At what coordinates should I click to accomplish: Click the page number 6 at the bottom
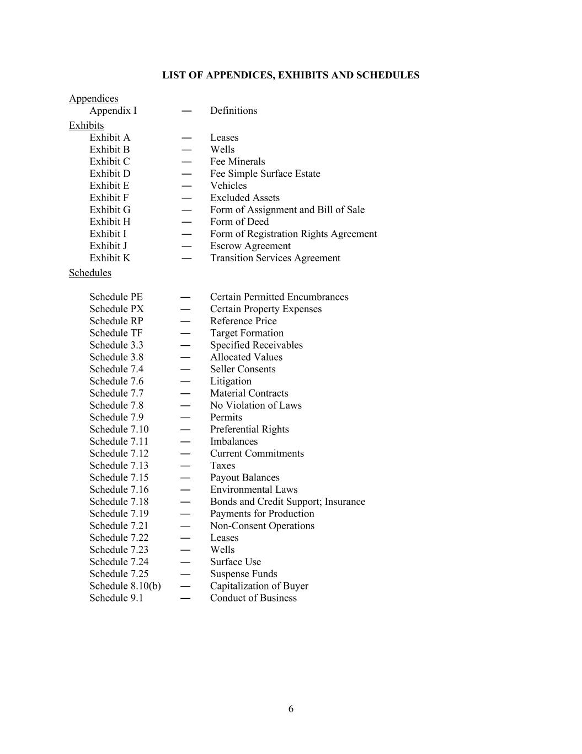tap(291, 709)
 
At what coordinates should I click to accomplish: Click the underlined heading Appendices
tap(93, 98)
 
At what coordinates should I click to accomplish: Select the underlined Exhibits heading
tap(86, 125)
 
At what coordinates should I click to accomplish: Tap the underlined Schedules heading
tap(90, 273)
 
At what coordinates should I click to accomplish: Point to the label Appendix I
tap(113, 110)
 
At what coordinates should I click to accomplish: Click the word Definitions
tap(233, 110)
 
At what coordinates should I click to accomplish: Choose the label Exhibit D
tap(110, 173)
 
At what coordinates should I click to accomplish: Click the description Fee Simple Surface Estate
tap(265, 173)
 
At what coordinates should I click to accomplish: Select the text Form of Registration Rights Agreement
tap(293, 234)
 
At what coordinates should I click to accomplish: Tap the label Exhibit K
tap(110, 258)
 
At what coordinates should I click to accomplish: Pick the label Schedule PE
tap(116, 297)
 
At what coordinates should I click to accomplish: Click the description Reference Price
tap(243, 321)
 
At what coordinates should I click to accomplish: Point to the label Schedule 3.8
tap(116, 357)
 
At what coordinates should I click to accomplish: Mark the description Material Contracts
tap(249, 393)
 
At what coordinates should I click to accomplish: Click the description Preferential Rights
tap(249, 429)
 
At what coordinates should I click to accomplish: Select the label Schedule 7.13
tap(119, 466)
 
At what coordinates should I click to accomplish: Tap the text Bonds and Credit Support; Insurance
tap(287, 502)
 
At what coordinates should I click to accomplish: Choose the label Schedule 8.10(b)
tap(125, 586)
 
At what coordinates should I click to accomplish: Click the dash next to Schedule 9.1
tap(186, 598)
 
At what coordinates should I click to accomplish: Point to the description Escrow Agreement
tap(250, 246)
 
